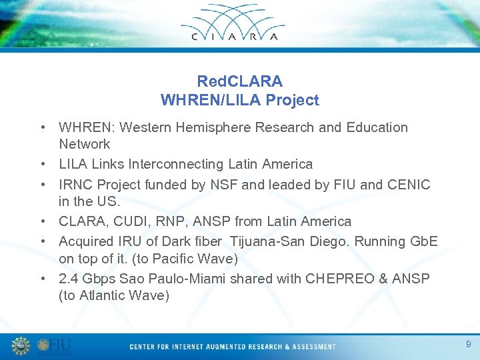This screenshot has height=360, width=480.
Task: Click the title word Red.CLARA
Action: coord(240,81)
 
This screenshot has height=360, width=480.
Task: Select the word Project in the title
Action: coord(293,100)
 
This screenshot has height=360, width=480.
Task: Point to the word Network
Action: coord(85,144)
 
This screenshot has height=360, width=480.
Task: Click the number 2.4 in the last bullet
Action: coord(69,279)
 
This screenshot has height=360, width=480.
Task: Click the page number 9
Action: coord(468,344)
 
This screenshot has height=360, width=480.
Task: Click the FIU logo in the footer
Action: coord(55,346)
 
